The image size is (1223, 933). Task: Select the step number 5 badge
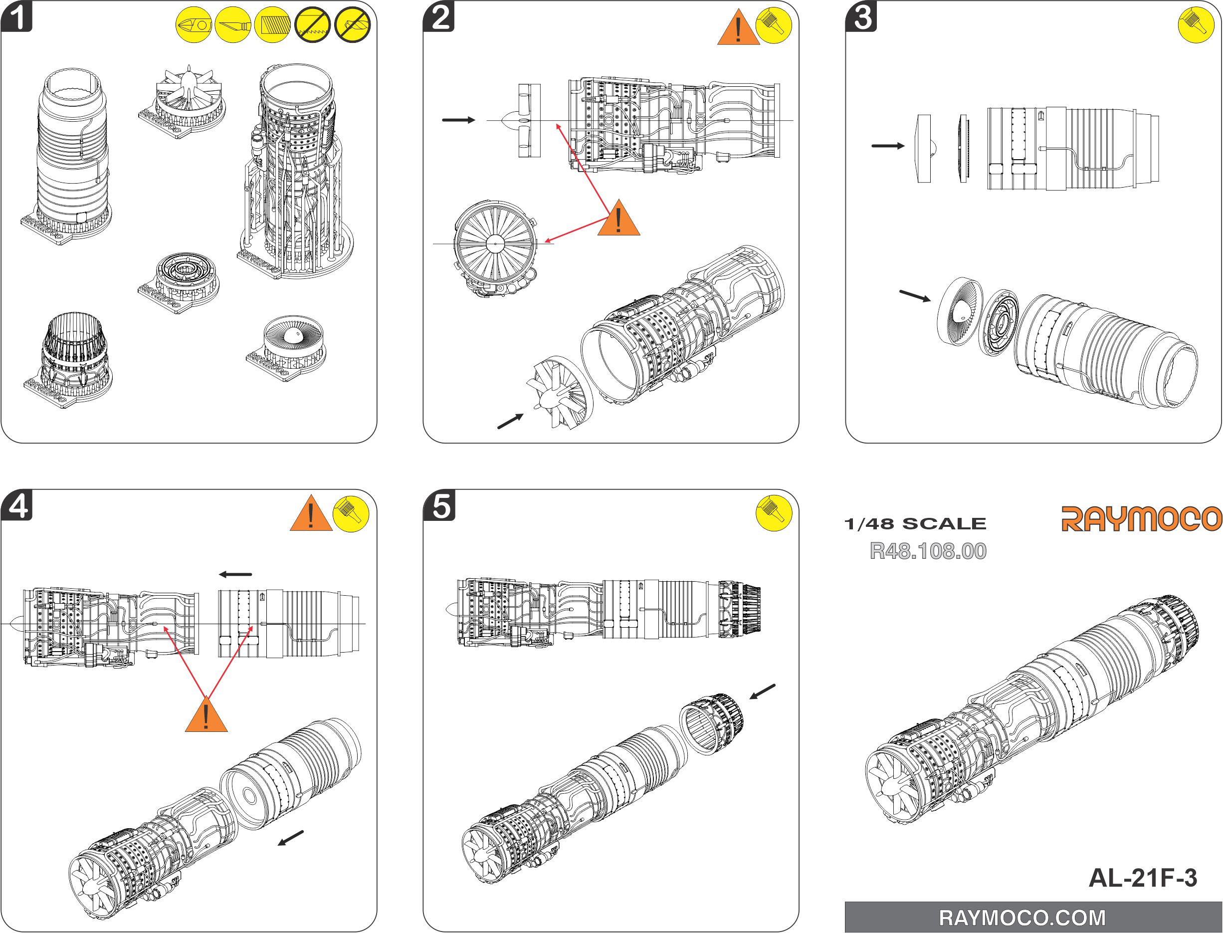coord(440,506)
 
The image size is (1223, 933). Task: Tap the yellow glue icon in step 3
coord(1195,25)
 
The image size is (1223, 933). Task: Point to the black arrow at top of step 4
coord(235,574)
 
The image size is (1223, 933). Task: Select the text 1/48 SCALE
coord(915,524)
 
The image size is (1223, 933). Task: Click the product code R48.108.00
coord(928,551)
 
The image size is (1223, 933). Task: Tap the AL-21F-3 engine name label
coord(1143,878)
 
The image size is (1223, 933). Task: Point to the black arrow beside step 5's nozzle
coord(762,692)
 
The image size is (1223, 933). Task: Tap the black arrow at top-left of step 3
coord(888,146)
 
